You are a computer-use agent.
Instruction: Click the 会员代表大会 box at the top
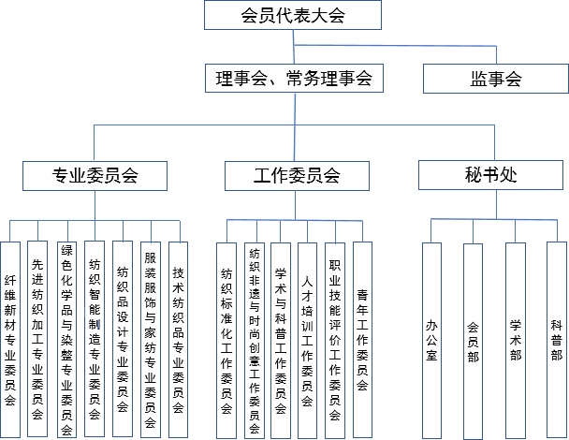click(293, 15)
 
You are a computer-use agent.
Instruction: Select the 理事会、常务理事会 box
click(293, 79)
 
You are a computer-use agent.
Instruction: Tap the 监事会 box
click(495, 79)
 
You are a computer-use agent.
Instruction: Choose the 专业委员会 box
click(95, 175)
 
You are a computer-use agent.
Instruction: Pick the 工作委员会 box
click(297, 175)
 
